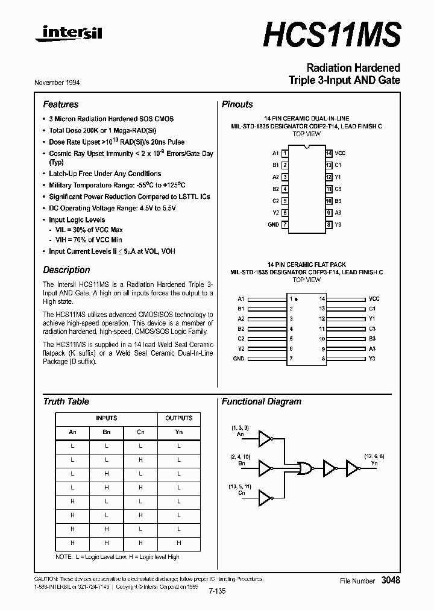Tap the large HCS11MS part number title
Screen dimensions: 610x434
(332, 34)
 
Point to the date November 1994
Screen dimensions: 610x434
(61, 82)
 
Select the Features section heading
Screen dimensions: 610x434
(60, 104)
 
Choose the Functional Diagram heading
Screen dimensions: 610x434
(261, 401)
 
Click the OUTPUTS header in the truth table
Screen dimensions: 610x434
(179, 418)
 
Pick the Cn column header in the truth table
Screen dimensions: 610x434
(140, 432)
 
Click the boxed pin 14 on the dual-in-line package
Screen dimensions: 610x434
(329, 153)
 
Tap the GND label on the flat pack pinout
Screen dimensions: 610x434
(239, 358)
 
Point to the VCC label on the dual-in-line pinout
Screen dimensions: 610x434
(341, 153)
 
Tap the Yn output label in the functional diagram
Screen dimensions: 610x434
(374, 464)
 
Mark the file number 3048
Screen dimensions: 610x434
(390, 580)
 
